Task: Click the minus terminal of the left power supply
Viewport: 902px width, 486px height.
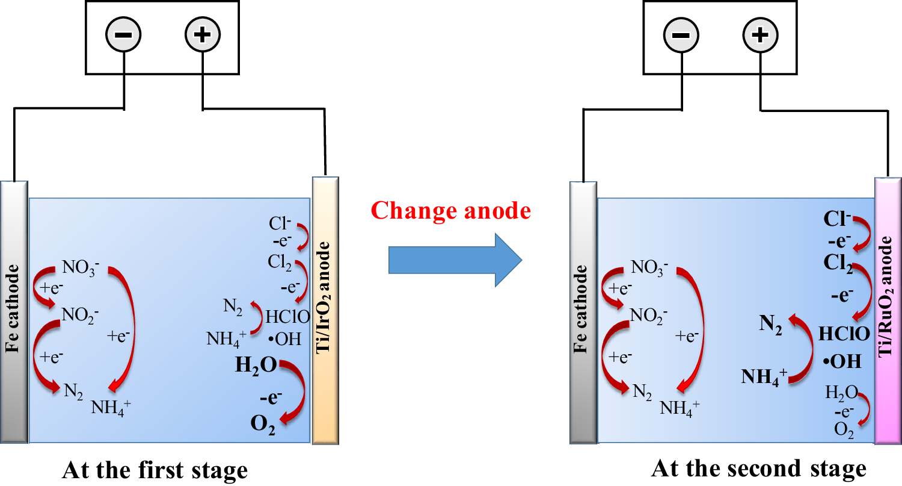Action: [x=123, y=34]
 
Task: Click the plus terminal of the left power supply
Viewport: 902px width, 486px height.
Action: [x=203, y=34]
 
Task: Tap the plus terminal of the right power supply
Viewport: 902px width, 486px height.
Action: [x=760, y=34]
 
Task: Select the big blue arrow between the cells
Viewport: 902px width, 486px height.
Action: [x=454, y=260]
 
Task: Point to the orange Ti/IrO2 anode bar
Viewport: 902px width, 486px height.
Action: [x=326, y=310]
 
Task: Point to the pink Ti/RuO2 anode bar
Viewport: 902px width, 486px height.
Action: [x=888, y=310]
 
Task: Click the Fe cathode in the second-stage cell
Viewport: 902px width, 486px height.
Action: [x=583, y=310]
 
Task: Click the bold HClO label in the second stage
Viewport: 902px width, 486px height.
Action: [x=843, y=334]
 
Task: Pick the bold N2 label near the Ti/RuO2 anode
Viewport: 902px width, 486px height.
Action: [x=770, y=323]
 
